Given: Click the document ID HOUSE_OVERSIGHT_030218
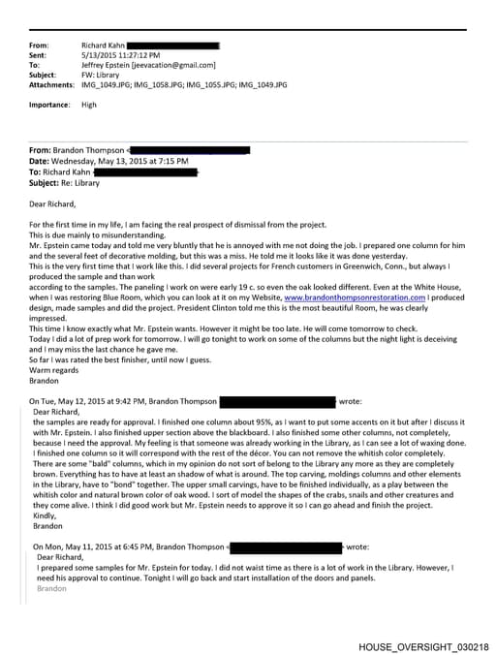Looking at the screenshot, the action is point(423,645).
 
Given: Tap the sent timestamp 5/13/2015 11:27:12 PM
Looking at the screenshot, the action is point(120,54).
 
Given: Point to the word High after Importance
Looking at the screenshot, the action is point(89,105).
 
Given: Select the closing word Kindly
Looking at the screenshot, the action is point(46,516).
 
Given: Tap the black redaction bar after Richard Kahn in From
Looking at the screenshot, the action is point(173,45).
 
